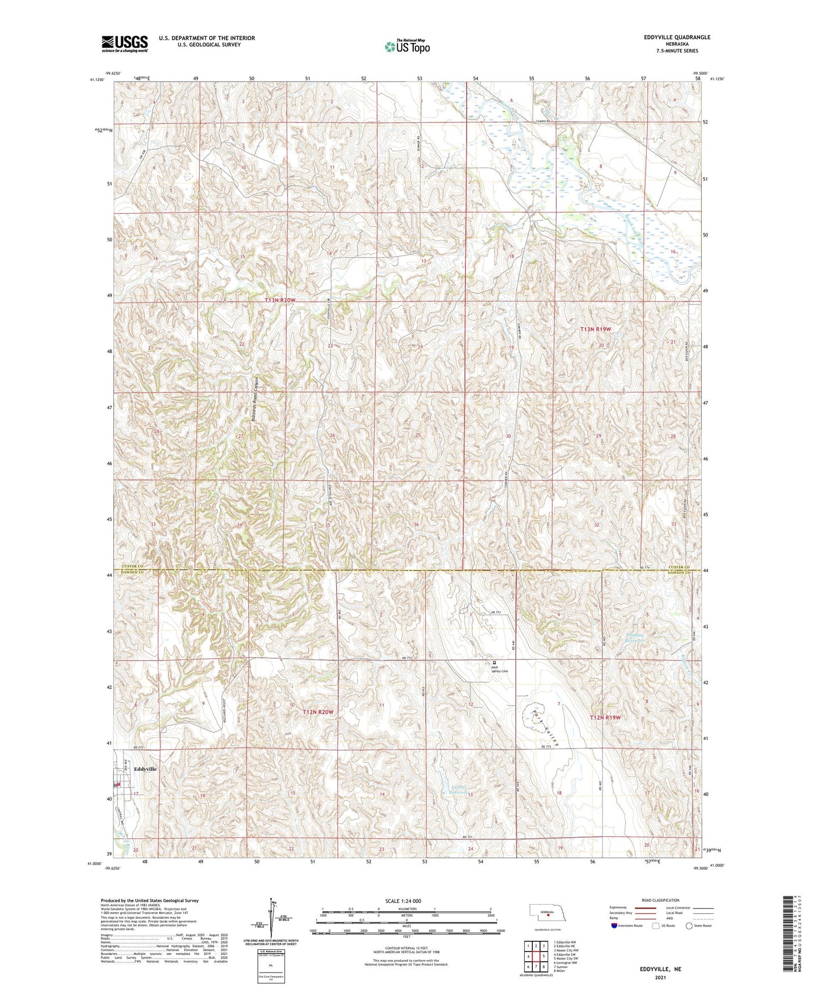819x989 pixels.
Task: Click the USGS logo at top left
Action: click(x=125, y=43)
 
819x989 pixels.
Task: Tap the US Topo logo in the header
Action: click(x=406, y=46)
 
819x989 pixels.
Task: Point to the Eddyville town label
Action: click(x=145, y=769)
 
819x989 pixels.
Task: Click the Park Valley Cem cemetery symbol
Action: click(x=494, y=662)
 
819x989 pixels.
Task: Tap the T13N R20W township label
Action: click(x=280, y=300)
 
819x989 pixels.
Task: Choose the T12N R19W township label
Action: click(x=605, y=717)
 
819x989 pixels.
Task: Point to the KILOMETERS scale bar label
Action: click(x=406, y=909)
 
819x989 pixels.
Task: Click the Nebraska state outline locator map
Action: click(x=547, y=914)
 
